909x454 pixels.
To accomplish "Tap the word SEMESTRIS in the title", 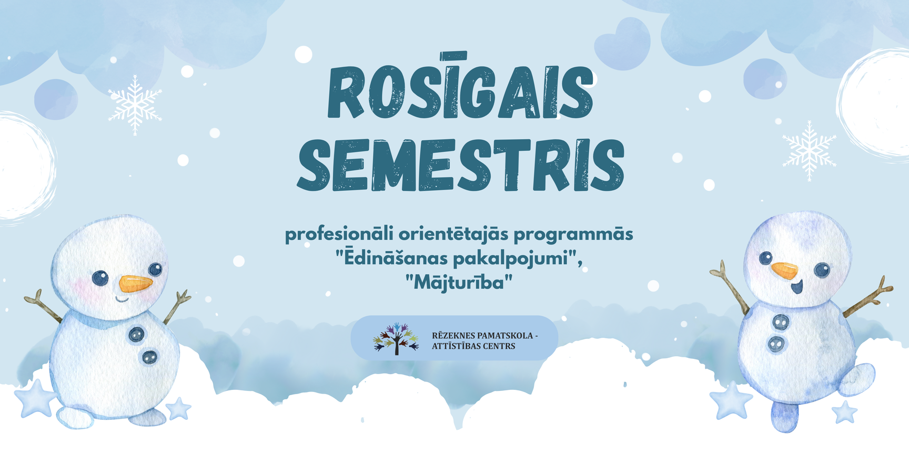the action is point(461,164).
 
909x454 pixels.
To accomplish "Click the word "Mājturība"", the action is point(459,282).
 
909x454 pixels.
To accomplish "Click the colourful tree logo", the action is point(396,338).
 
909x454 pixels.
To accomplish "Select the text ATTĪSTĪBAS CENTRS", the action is point(473,346).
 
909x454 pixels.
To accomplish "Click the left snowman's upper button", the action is point(137,334).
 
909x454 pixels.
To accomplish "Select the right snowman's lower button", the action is point(776,344).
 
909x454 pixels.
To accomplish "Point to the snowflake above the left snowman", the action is point(135,105).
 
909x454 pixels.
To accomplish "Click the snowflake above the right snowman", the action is point(809,151).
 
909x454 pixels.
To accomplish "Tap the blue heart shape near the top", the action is point(622,44).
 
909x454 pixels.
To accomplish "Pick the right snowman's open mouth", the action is point(798,287).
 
